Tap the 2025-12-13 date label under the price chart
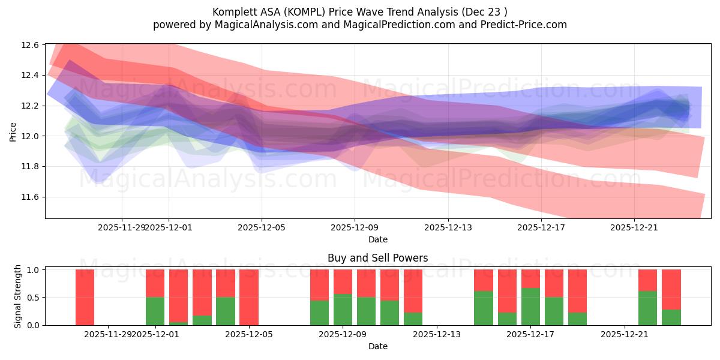(448, 228)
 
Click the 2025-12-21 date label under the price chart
(634, 228)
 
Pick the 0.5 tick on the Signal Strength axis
(34, 298)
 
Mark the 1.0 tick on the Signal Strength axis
(34, 270)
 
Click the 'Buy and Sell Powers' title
(377, 259)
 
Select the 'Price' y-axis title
(13, 131)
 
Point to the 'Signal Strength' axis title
(18, 296)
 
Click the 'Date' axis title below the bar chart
(377, 346)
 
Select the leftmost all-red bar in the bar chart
(85, 297)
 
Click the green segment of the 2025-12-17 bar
(530, 307)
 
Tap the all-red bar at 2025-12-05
(249, 297)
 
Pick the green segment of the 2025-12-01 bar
(155, 311)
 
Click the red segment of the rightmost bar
(671, 289)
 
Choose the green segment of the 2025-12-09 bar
(343, 310)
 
